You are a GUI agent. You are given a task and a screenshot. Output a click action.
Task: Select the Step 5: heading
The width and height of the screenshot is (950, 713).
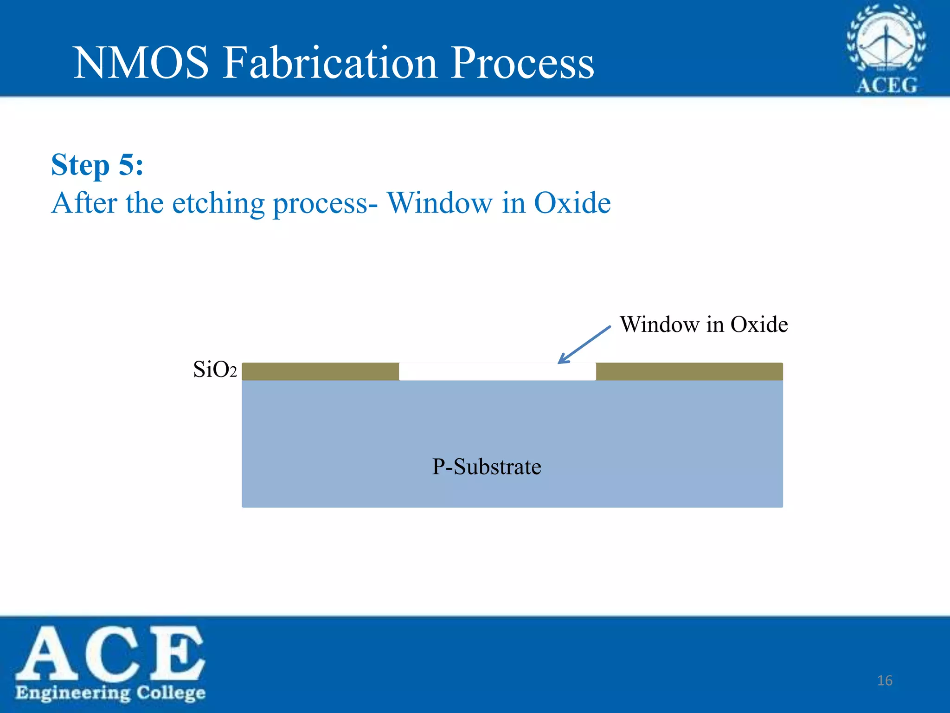tap(97, 165)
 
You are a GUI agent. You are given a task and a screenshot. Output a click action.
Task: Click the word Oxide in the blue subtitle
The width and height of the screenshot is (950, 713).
tap(572, 203)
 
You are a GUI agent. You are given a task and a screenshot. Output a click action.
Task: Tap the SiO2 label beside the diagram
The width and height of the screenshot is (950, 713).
tap(215, 370)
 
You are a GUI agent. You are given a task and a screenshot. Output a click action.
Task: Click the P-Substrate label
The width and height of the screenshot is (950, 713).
tap(487, 467)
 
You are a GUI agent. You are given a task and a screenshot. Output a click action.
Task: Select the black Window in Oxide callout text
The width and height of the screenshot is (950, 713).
tap(704, 324)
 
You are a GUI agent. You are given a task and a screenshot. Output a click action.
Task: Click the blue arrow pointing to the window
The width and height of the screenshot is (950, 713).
tap(584, 344)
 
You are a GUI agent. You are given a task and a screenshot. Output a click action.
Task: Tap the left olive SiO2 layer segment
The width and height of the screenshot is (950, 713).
tap(320, 372)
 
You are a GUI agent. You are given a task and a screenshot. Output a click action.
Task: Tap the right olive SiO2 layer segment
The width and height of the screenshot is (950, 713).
tap(689, 372)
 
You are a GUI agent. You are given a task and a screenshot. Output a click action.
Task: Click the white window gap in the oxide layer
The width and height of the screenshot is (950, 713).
tap(497, 372)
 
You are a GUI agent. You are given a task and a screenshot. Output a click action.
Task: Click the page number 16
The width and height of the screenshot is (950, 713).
tap(885, 681)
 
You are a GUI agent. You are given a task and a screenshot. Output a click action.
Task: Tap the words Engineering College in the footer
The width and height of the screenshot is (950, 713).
tap(110, 693)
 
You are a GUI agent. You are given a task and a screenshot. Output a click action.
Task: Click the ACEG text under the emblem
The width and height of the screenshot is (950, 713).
tap(886, 85)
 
